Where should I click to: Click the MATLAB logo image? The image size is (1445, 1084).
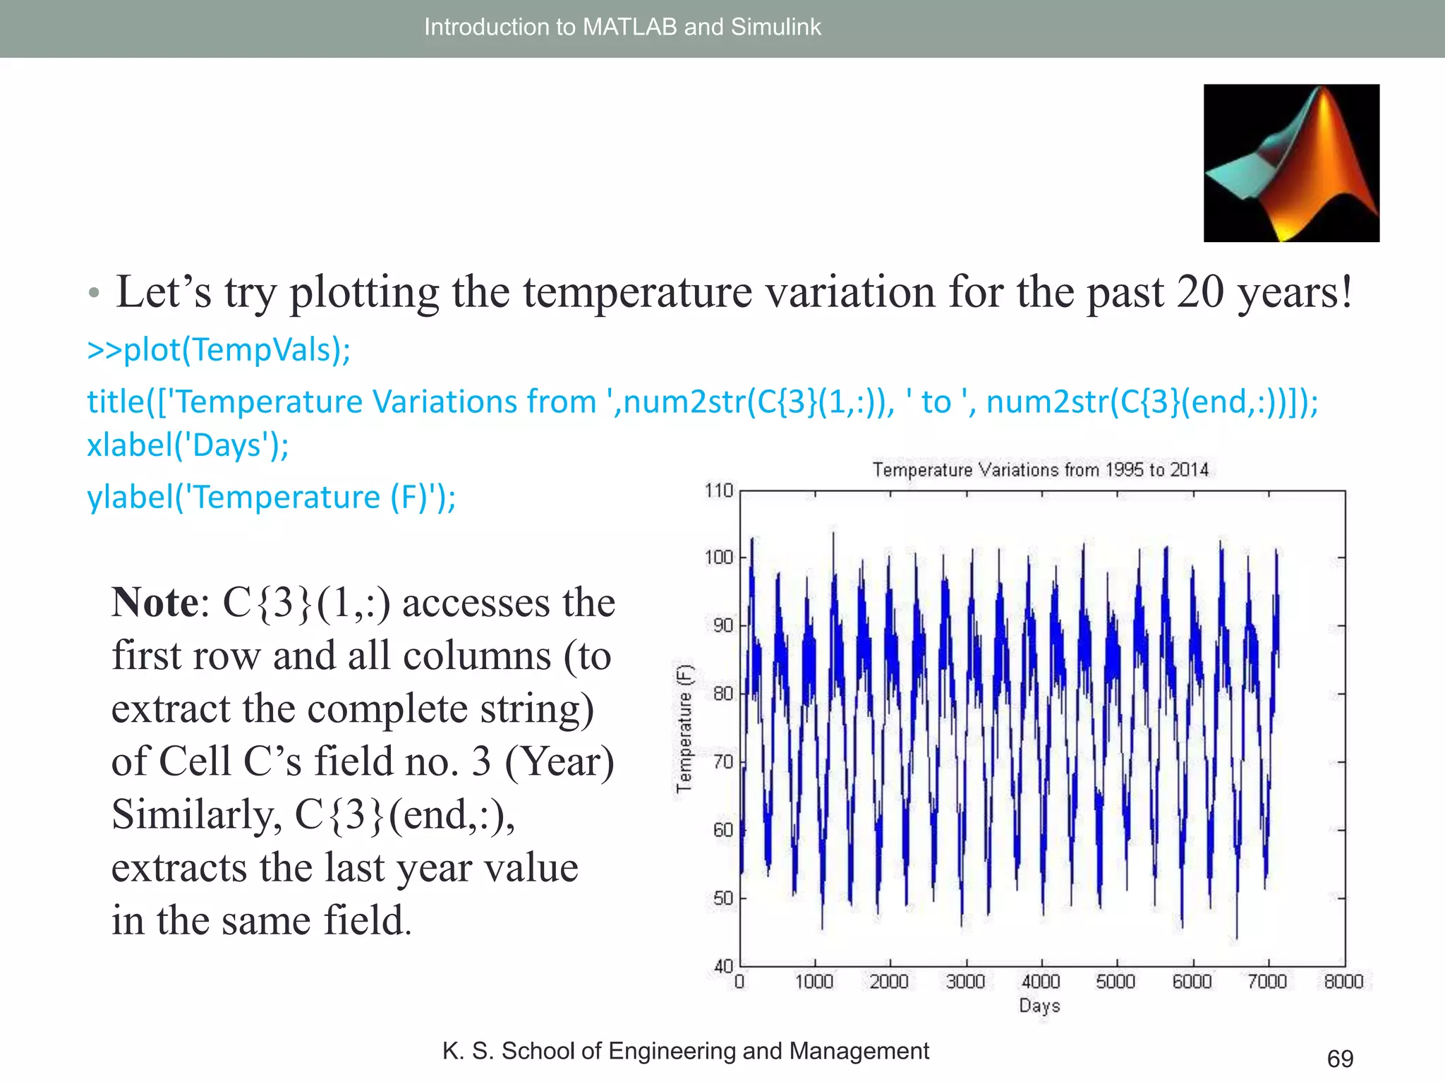click(x=1291, y=163)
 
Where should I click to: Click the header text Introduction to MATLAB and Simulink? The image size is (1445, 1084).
click(x=622, y=27)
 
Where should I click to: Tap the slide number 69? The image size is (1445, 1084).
click(x=1340, y=1059)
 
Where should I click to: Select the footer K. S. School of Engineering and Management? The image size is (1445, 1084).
click(x=685, y=1051)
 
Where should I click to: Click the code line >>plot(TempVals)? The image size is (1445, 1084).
click(x=219, y=350)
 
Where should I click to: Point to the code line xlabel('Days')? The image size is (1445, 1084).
click(x=188, y=446)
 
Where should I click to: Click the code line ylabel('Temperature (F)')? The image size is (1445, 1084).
click(x=271, y=498)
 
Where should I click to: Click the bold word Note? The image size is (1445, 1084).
click(x=155, y=603)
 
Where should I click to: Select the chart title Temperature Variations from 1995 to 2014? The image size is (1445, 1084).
click(x=1040, y=470)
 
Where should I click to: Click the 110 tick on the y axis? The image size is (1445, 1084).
click(x=719, y=490)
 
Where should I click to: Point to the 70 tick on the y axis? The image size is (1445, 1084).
click(x=723, y=762)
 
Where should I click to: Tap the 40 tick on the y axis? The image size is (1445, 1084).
click(x=723, y=965)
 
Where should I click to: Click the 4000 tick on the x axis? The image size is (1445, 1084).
click(x=1041, y=982)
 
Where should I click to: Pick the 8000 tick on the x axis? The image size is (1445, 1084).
click(x=1343, y=982)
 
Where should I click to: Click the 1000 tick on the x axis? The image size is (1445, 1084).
click(x=814, y=982)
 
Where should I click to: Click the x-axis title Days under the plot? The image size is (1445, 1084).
click(x=1039, y=1006)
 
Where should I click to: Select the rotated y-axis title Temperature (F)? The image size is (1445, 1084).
click(x=684, y=728)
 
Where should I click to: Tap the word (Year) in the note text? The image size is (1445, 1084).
click(x=560, y=762)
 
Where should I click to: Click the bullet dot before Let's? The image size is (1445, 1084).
click(x=94, y=293)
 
